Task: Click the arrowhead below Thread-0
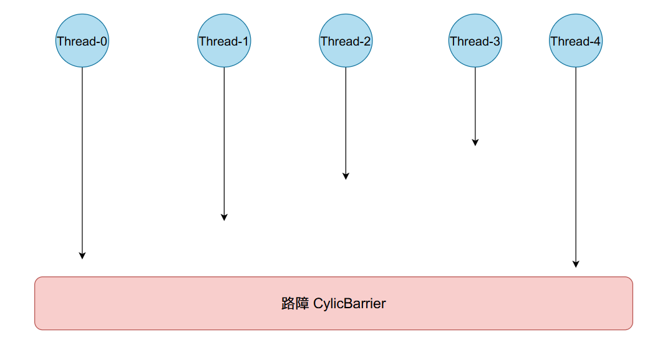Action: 82,255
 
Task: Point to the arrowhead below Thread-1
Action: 224,216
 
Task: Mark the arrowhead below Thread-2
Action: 346,176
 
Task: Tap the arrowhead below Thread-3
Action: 475,142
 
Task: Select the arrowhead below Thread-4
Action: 576,264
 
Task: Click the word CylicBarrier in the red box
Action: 349,304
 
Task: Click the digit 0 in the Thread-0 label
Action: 104,42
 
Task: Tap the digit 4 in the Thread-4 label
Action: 598,42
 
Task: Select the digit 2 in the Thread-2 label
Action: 367,42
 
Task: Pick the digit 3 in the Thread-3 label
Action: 497,42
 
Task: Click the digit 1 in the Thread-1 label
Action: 245,42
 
